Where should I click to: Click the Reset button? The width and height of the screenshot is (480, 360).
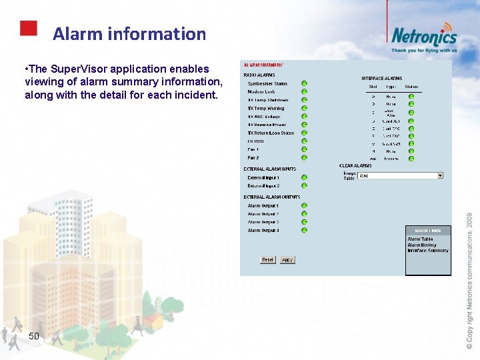(x=267, y=260)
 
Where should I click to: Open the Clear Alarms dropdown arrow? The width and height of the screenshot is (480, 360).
(x=440, y=176)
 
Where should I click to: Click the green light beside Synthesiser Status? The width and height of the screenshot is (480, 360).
(x=304, y=84)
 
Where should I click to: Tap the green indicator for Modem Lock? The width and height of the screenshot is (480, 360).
(x=304, y=92)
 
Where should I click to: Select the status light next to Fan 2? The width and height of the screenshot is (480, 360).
(x=304, y=158)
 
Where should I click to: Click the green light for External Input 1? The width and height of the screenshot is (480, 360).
(x=304, y=178)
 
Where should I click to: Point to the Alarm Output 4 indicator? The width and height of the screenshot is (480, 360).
(x=304, y=231)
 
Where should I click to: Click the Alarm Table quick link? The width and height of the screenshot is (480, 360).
(x=420, y=239)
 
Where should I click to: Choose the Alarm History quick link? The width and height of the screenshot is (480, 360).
(x=422, y=245)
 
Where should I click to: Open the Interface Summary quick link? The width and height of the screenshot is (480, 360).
(x=427, y=251)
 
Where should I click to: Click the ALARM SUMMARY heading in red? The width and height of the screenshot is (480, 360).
(x=263, y=65)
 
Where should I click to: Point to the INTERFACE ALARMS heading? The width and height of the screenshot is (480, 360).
(x=381, y=79)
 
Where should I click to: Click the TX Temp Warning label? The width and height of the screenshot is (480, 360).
(x=266, y=109)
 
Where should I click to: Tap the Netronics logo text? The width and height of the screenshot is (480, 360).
(x=424, y=36)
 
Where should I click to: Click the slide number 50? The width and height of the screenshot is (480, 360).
(x=34, y=336)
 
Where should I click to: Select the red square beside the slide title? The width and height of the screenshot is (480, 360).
(x=28, y=28)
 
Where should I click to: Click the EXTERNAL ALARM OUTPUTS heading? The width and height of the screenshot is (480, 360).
(x=272, y=197)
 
